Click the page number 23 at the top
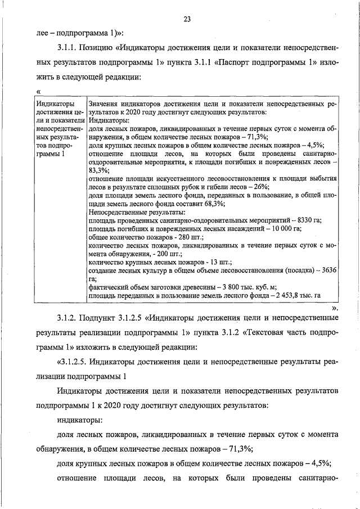click(187, 20)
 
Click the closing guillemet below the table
click(334, 308)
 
